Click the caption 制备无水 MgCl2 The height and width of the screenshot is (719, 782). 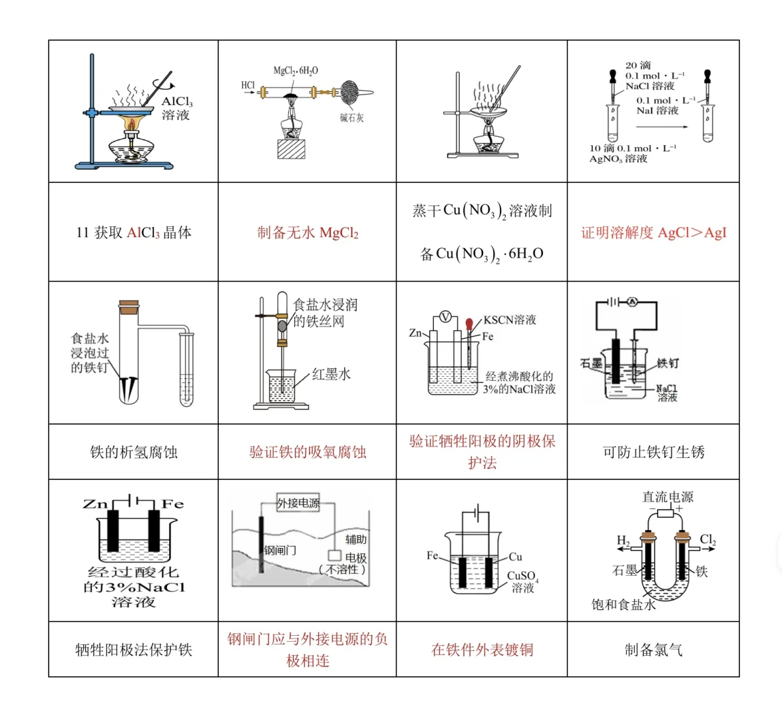[x=307, y=233]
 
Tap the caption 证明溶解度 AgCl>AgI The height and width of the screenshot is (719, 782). [x=654, y=233]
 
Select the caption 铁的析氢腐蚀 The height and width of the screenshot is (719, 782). [x=133, y=452]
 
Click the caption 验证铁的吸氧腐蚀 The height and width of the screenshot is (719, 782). [x=307, y=452]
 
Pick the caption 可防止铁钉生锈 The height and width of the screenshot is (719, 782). [x=654, y=452]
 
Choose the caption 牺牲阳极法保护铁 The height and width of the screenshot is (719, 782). [x=133, y=650]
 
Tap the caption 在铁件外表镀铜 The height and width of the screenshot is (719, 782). [x=482, y=650]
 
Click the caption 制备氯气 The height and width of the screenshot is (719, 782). [x=654, y=650]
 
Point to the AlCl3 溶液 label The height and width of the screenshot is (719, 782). [x=177, y=109]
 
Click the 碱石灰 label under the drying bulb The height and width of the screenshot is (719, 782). [x=351, y=118]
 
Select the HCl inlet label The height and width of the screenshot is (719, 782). [x=248, y=85]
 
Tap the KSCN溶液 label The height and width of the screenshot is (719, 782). [x=509, y=320]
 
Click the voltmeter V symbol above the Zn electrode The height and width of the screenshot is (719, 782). [x=447, y=316]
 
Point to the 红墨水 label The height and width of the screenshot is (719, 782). [x=331, y=374]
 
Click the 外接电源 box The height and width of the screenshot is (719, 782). [x=298, y=503]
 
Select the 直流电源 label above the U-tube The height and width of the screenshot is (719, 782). [x=667, y=497]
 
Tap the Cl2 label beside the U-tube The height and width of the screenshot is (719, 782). [x=707, y=540]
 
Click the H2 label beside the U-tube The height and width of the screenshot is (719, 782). [x=623, y=540]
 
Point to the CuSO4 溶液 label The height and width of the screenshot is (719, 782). [x=522, y=581]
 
